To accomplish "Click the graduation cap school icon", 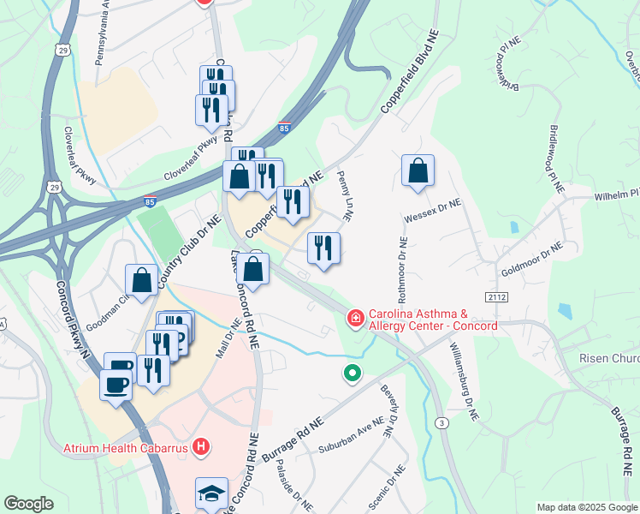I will [x=211, y=493].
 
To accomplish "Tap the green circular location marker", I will [x=352, y=373].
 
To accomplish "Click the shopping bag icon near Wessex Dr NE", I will [x=418, y=170].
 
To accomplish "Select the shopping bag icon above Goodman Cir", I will [x=142, y=280].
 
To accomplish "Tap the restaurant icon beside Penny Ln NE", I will [x=323, y=248].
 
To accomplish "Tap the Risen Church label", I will [x=608, y=357].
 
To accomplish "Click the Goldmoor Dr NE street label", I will [x=532, y=254].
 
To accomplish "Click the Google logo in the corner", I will [x=28, y=504].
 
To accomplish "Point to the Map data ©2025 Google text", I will [x=586, y=506].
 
